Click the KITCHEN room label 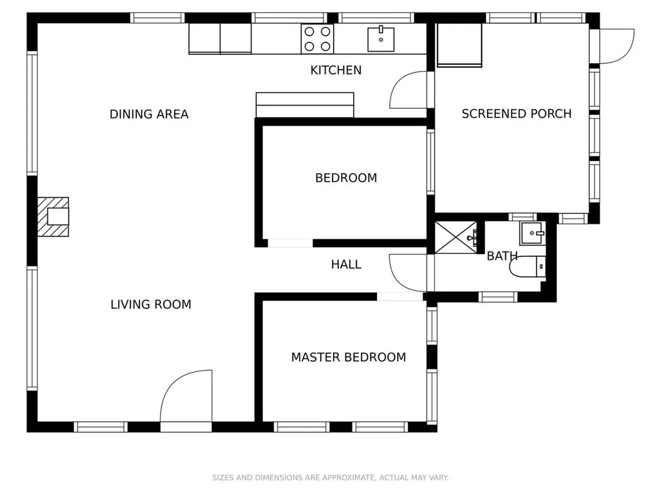tap(336, 70)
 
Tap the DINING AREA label tap(149, 114)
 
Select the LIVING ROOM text tap(151, 304)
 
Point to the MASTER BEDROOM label tap(349, 357)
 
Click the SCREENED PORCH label tap(516, 113)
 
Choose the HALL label tap(346, 264)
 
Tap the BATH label tap(502, 256)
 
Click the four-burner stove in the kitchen tap(318, 39)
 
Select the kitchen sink tap(381, 39)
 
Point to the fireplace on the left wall tap(53, 217)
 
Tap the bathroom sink tap(533, 233)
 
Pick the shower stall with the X tap(456, 237)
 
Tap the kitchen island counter tap(305, 105)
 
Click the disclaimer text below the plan tap(330, 478)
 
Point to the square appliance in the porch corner tap(460, 45)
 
